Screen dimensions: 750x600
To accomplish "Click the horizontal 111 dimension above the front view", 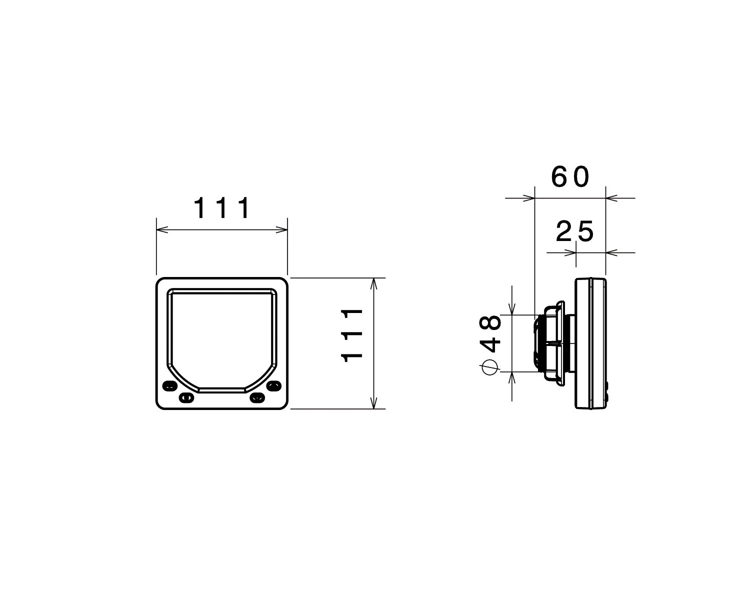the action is pyautogui.click(x=221, y=208).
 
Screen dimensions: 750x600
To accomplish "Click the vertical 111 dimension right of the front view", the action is pyautogui.click(x=352, y=335).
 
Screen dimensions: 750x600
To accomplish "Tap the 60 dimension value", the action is pyautogui.click(x=570, y=177).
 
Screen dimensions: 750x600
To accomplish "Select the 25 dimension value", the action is pyautogui.click(x=574, y=231).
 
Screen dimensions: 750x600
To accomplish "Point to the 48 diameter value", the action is pyautogui.click(x=490, y=334).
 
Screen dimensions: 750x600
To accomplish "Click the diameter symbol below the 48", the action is pyautogui.click(x=490, y=367).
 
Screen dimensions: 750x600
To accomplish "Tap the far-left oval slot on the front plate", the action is pyautogui.click(x=169, y=386).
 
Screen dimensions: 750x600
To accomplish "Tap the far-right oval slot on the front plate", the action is pyautogui.click(x=273, y=386).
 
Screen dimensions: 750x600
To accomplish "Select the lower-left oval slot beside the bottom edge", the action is pyautogui.click(x=186, y=397).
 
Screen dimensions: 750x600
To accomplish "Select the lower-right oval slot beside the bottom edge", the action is pyautogui.click(x=257, y=397).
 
